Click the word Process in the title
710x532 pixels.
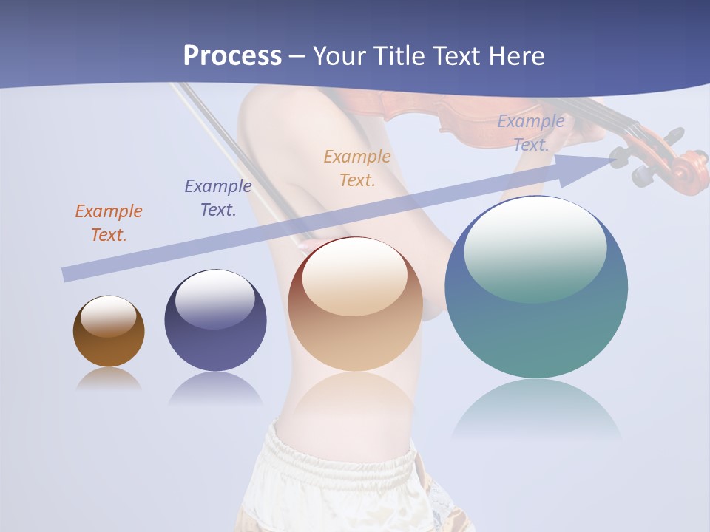(x=232, y=56)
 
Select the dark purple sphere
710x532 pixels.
(x=215, y=347)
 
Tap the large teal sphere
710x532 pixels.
(x=536, y=332)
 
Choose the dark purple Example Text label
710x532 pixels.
(x=218, y=198)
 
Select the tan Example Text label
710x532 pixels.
(x=357, y=168)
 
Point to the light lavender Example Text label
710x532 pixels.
(x=531, y=133)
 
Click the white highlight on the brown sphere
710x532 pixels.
(x=108, y=316)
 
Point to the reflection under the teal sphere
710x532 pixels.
(x=536, y=410)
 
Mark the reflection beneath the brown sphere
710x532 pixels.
(x=109, y=379)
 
